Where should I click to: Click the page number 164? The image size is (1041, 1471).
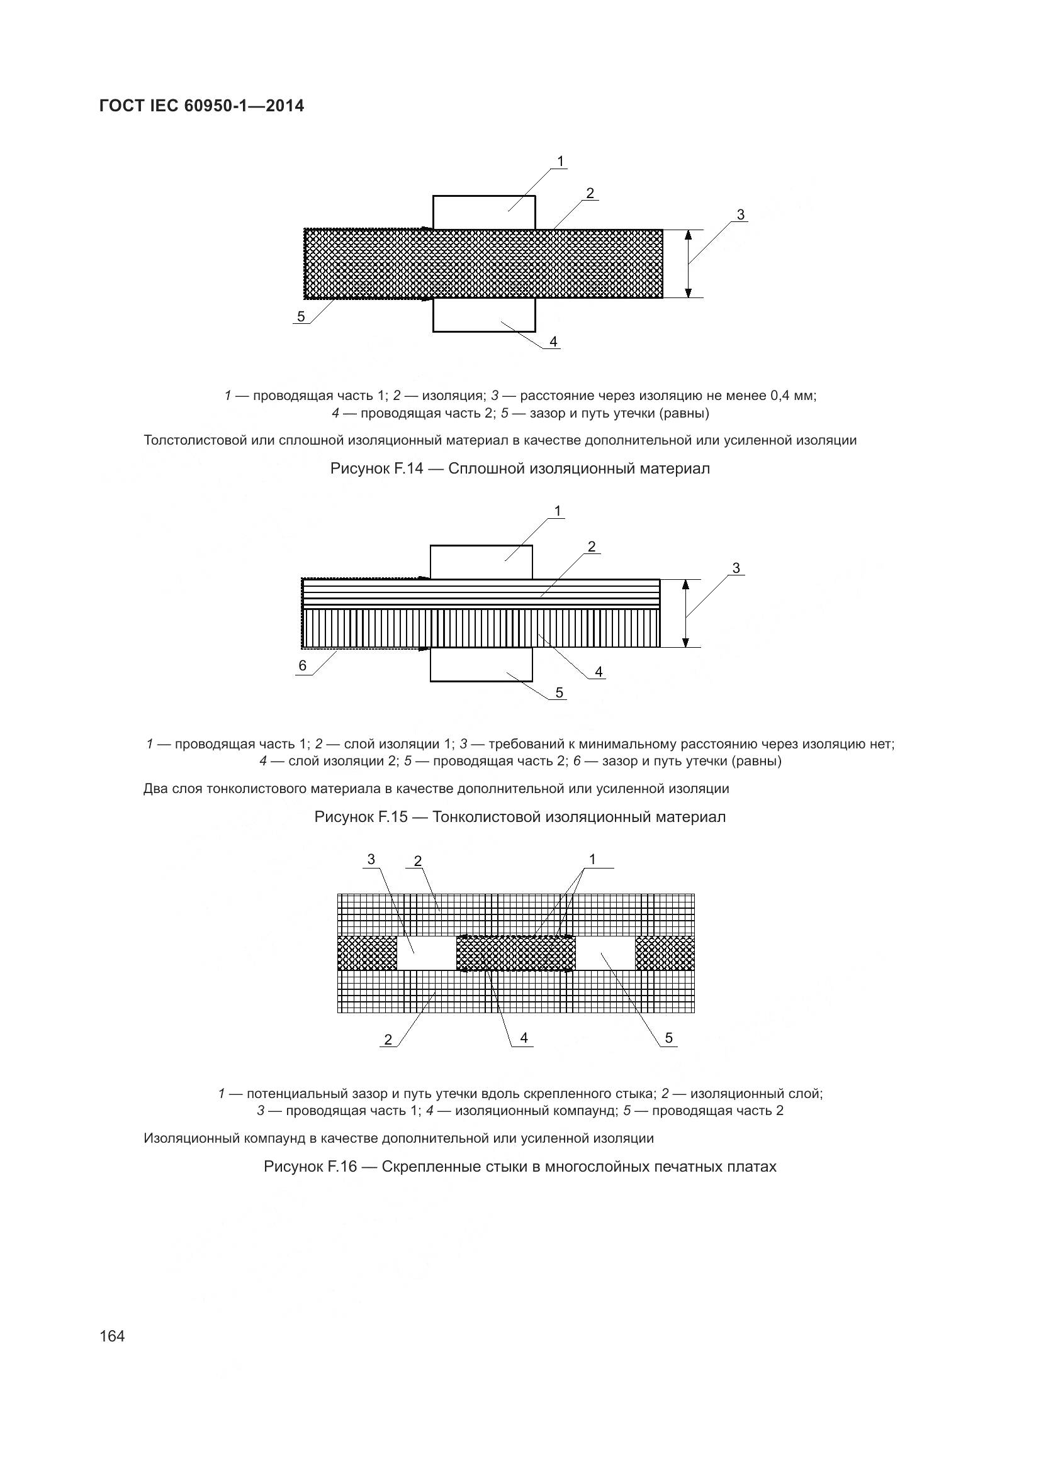pyautogui.click(x=112, y=1336)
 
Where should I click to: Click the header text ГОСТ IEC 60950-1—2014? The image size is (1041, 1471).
pyautogui.click(x=202, y=106)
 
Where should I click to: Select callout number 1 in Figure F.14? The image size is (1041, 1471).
pyautogui.click(x=561, y=162)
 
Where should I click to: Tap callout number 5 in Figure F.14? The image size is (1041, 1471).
pyautogui.click(x=301, y=316)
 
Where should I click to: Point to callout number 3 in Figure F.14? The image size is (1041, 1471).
pyautogui.click(x=741, y=214)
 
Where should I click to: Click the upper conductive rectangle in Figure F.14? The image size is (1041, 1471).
pyautogui.click(x=484, y=212)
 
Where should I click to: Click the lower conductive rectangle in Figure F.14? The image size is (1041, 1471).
pyautogui.click(x=484, y=315)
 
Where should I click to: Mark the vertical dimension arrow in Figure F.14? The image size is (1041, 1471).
pyautogui.click(x=689, y=264)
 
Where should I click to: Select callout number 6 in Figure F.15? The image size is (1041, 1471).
pyautogui.click(x=303, y=665)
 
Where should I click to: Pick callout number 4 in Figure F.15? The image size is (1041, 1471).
pyautogui.click(x=599, y=672)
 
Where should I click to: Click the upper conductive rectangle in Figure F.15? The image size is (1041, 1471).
pyautogui.click(x=481, y=562)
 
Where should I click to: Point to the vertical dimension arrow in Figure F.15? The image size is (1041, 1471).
pyautogui.click(x=685, y=613)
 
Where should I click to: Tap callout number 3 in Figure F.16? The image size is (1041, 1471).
pyautogui.click(x=371, y=859)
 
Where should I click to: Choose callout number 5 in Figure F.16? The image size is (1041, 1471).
pyautogui.click(x=668, y=1038)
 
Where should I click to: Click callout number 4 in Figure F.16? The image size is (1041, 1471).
pyautogui.click(x=524, y=1037)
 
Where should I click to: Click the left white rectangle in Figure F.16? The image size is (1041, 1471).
pyautogui.click(x=426, y=953)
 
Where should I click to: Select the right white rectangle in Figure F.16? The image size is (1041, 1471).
pyautogui.click(x=605, y=953)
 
